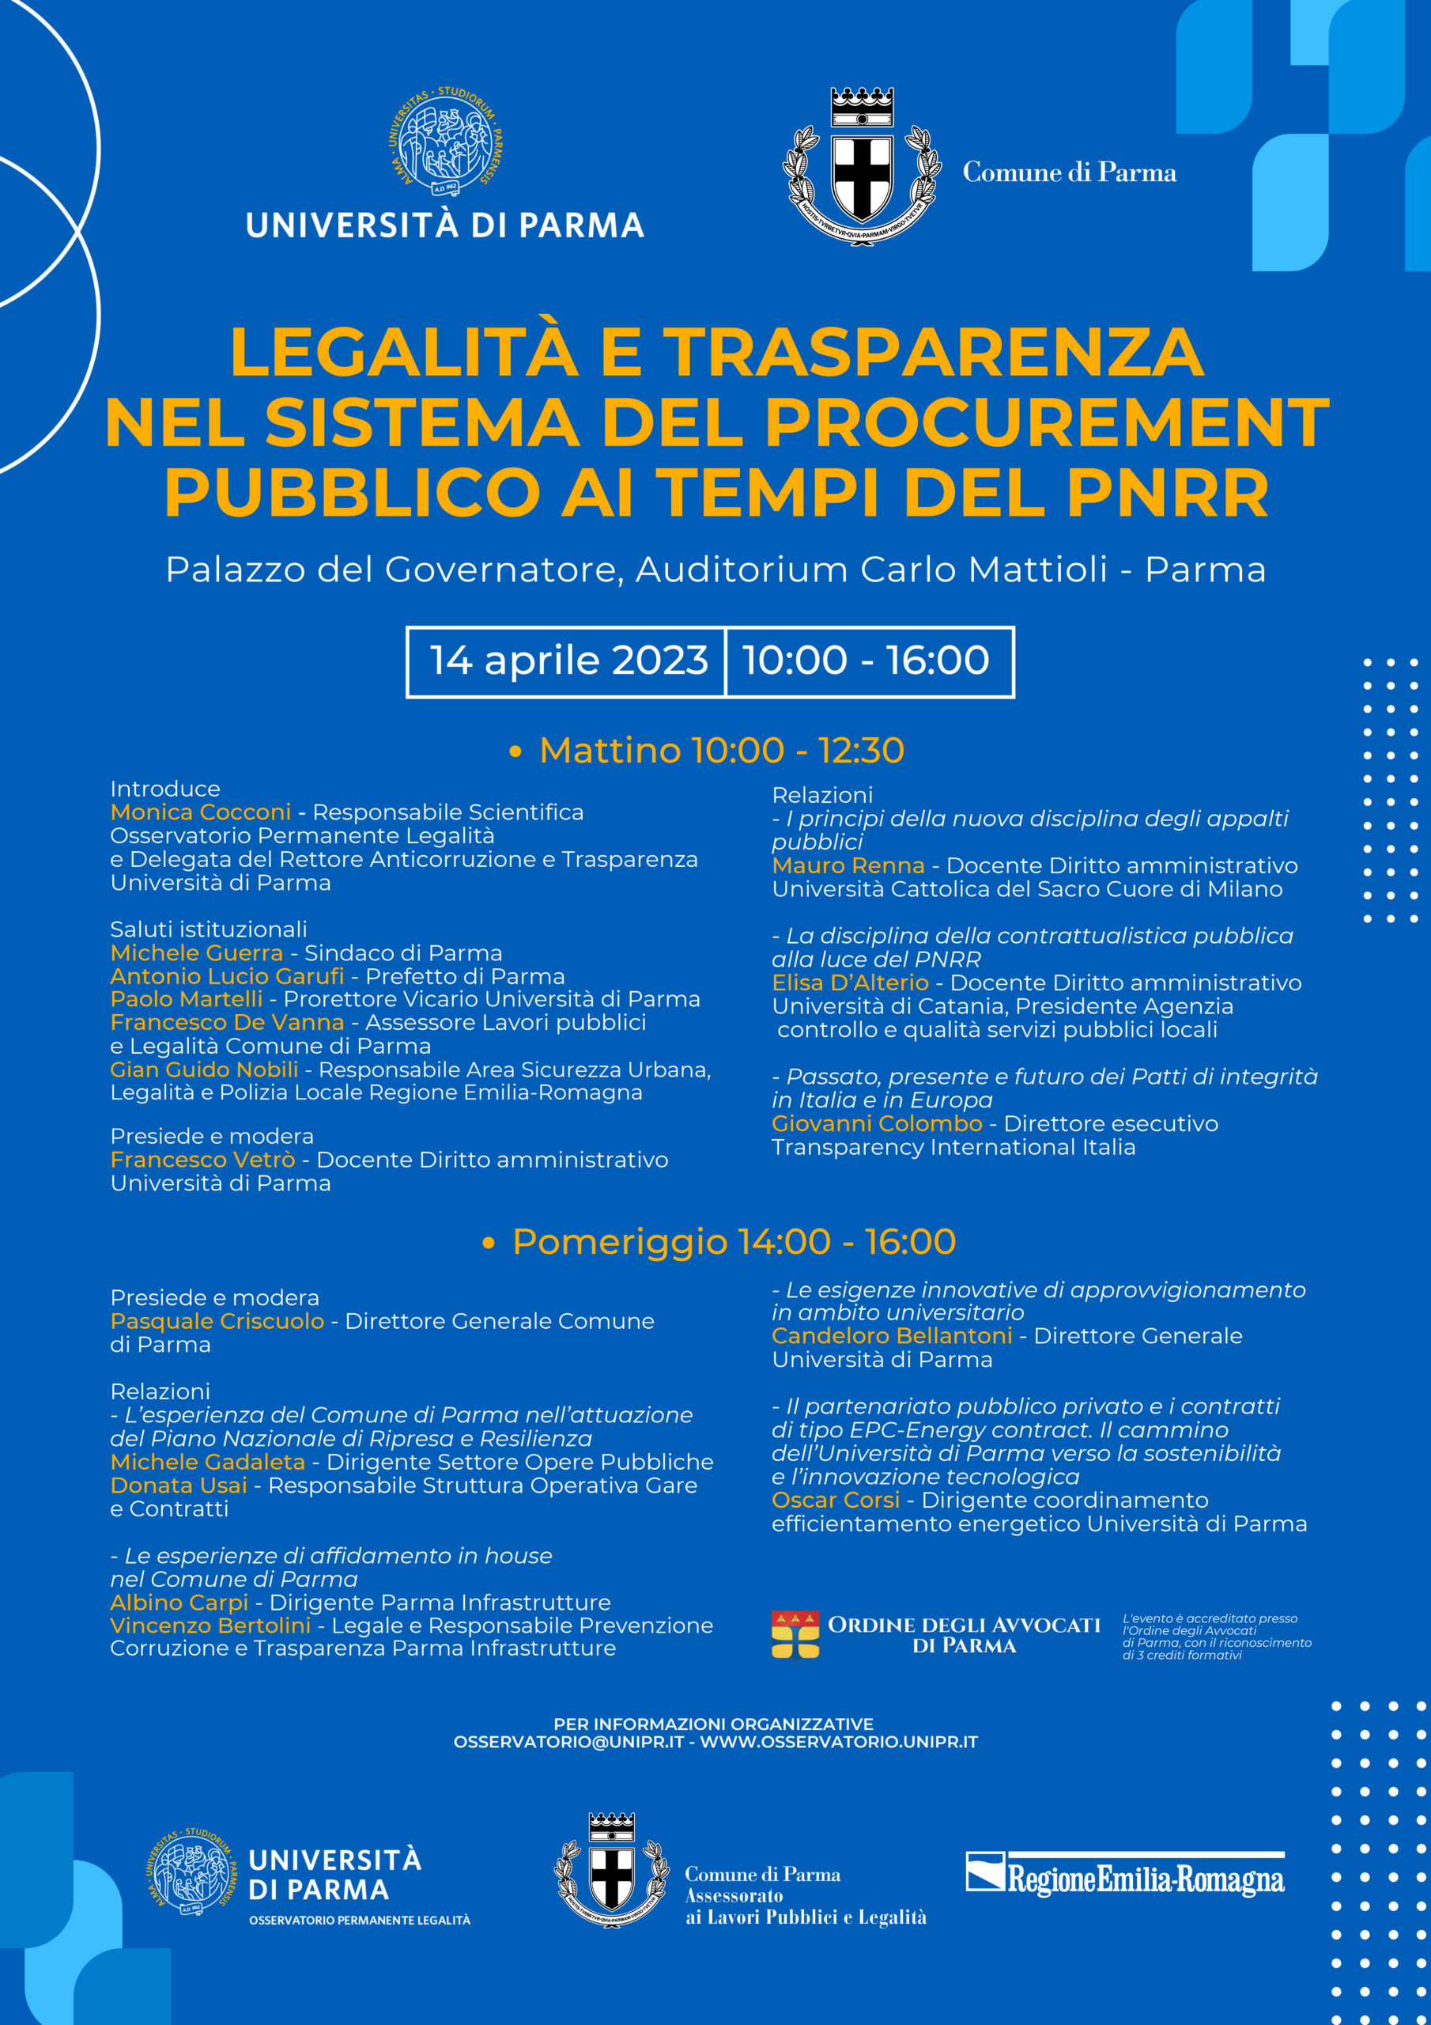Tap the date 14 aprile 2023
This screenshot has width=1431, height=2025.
coord(568,660)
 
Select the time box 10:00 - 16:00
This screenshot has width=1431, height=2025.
coord(866,660)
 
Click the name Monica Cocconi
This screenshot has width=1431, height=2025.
coord(200,812)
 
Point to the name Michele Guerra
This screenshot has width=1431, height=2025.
coord(197,952)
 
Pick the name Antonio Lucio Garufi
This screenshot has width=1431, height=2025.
coord(227,976)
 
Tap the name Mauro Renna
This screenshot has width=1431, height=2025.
coord(848,866)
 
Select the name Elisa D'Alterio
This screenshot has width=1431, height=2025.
coord(850,982)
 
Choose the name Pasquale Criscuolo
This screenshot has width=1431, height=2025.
coord(217,1321)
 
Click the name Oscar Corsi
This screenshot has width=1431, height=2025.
coord(835,1501)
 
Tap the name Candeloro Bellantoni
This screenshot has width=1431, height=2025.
coord(891,1336)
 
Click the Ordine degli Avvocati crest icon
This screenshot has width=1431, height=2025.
coord(795,1635)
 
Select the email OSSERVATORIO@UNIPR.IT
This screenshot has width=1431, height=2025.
coord(568,1742)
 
